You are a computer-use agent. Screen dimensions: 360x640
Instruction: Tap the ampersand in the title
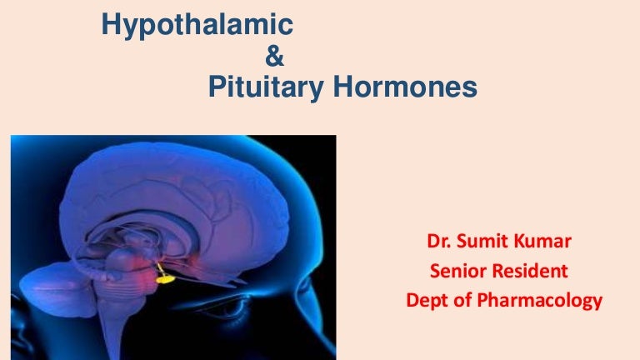tap(273, 57)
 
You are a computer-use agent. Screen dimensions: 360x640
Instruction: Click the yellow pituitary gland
tap(166, 279)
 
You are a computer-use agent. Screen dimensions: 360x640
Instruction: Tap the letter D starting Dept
tap(412, 299)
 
